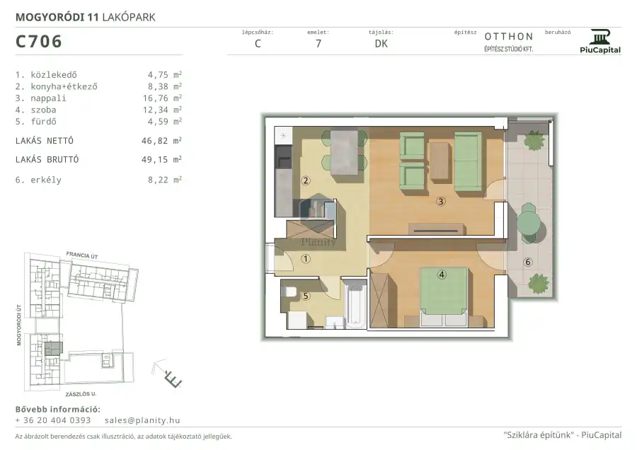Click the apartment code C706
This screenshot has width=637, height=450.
click(x=39, y=42)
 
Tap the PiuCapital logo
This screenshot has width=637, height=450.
click(x=600, y=42)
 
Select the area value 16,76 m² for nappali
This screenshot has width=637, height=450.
click(x=164, y=98)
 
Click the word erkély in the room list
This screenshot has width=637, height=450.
click(x=46, y=180)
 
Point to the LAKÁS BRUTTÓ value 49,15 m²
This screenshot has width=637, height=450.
click(x=161, y=159)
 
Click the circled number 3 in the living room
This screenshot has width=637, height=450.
click(x=441, y=201)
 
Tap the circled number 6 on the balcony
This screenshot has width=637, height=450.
click(x=528, y=262)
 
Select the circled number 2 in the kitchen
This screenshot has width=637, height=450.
click(x=306, y=180)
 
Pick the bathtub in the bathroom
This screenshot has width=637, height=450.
click(x=355, y=305)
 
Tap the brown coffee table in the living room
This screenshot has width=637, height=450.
click(x=440, y=161)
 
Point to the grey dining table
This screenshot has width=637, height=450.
click(x=344, y=152)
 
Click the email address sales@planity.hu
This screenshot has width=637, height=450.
click(x=142, y=420)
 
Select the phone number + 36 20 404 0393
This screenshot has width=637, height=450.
click(x=53, y=420)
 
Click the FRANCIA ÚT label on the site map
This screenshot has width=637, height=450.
click(x=82, y=255)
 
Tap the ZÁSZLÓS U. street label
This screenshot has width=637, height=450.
click(x=81, y=394)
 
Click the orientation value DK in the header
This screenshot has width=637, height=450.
click(x=381, y=44)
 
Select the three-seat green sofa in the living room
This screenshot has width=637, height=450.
click(x=468, y=161)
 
